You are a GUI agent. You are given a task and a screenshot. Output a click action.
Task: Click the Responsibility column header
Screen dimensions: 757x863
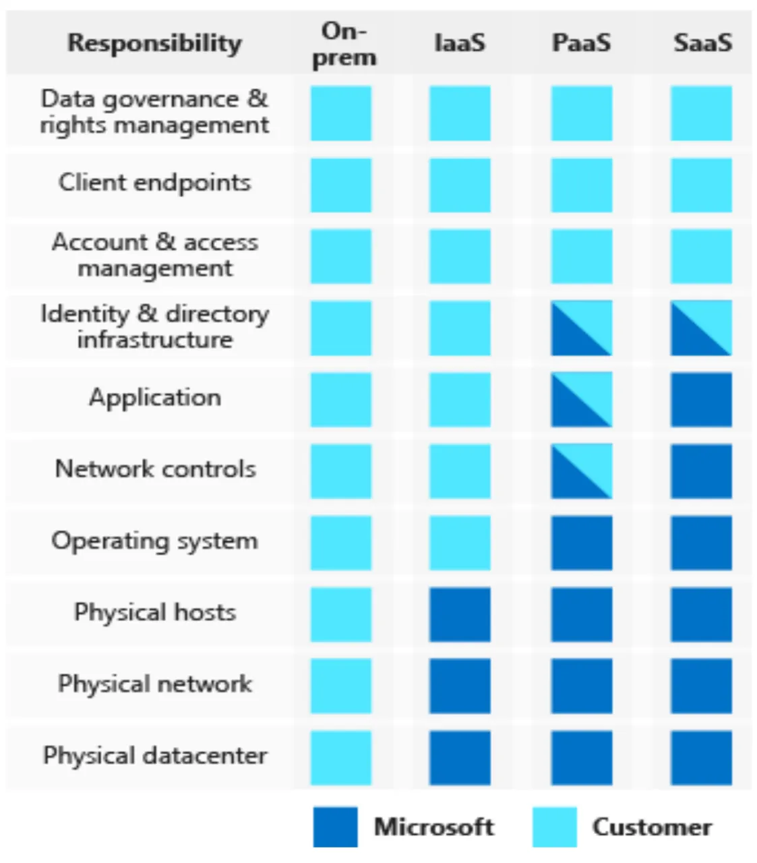click(x=154, y=43)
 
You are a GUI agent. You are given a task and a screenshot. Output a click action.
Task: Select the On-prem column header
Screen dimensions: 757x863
click(x=344, y=44)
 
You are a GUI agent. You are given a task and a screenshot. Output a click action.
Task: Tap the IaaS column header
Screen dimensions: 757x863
click(x=460, y=42)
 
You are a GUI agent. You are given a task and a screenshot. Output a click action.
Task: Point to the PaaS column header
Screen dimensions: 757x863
click(x=582, y=42)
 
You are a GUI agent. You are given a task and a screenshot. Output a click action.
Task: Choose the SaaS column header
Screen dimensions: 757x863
click(x=703, y=42)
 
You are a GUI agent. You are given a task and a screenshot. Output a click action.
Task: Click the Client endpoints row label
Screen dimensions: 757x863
click(x=154, y=183)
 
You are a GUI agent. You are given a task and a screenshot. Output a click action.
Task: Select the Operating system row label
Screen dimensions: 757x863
click(x=154, y=541)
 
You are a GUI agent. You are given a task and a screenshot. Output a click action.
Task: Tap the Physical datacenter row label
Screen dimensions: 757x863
click(x=155, y=756)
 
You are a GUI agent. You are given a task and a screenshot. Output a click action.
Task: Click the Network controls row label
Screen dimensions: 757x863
click(x=156, y=469)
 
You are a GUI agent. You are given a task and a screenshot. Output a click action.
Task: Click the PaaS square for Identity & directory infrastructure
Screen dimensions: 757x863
click(x=582, y=328)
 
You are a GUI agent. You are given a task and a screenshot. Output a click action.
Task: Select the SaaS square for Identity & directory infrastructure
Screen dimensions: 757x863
click(x=701, y=328)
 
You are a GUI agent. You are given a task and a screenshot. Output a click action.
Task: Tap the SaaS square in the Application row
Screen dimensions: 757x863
click(x=701, y=400)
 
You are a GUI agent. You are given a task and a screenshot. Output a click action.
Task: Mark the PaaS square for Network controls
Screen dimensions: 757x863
click(x=582, y=471)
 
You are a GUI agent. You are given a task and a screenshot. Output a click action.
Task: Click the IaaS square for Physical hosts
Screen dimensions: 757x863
click(x=460, y=614)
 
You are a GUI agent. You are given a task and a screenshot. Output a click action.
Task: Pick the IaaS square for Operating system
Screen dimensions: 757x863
click(x=460, y=543)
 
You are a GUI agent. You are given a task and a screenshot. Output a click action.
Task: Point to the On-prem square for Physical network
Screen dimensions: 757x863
click(x=341, y=686)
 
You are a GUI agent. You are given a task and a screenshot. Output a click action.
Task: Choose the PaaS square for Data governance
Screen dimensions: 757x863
click(x=582, y=113)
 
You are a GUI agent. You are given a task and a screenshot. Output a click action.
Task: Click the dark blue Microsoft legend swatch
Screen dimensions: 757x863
click(x=335, y=827)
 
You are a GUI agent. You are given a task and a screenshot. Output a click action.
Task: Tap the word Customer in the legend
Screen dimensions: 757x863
click(x=652, y=827)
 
